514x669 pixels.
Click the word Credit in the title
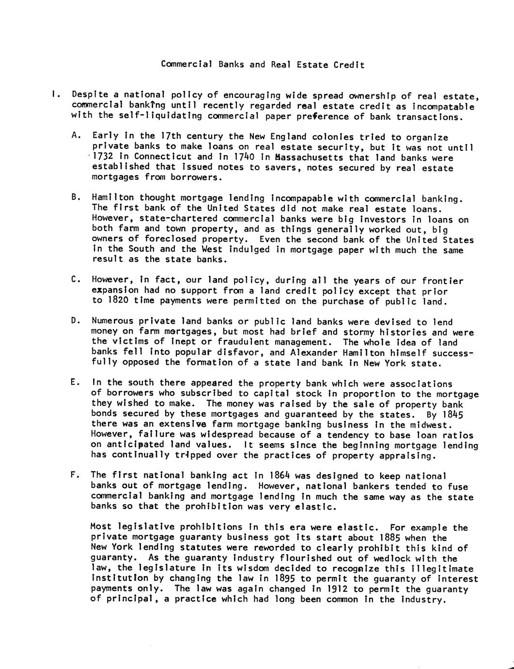(349, 64)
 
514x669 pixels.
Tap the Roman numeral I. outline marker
(55, 95)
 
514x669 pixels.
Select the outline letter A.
(75, 136)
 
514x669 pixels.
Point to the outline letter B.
(75, 197)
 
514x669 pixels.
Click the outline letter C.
(75, 280)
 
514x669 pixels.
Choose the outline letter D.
(75, 321)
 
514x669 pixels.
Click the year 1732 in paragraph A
(102, 157)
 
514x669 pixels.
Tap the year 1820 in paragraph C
(118, 301)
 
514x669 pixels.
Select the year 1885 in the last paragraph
(390, 538)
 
